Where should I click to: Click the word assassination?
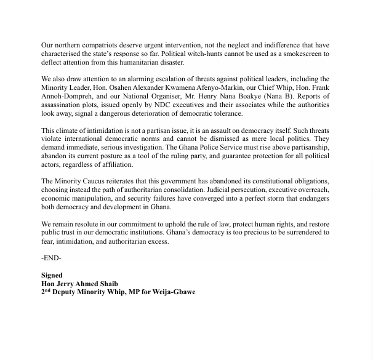coord(62,105)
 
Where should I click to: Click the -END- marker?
coord(52,258)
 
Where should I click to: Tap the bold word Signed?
coord(52,275)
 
